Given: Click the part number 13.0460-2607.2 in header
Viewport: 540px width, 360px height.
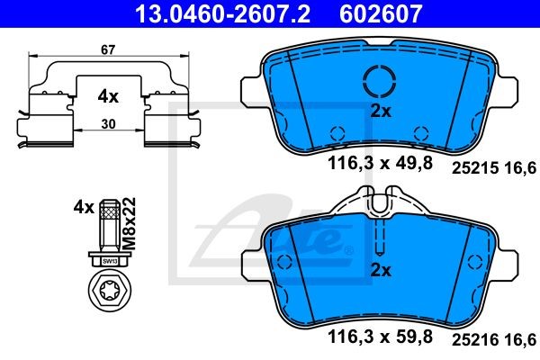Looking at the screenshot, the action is [x=223, y=13].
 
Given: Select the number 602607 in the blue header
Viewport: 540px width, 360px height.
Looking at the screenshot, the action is [x=381, y=13].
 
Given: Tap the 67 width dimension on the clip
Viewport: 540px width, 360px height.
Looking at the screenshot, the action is [x=108, y=50].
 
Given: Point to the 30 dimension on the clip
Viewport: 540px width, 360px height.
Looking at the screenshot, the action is [x=108, y=124].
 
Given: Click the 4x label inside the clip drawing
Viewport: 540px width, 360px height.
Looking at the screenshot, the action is [x=108, y=97].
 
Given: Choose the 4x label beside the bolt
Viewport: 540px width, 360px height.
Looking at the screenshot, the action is [x=84, y=208].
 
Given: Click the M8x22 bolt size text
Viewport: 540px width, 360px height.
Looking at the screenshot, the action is [x=129, y=223].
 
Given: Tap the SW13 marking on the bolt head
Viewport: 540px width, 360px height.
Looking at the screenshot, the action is [x=110, y=262].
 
